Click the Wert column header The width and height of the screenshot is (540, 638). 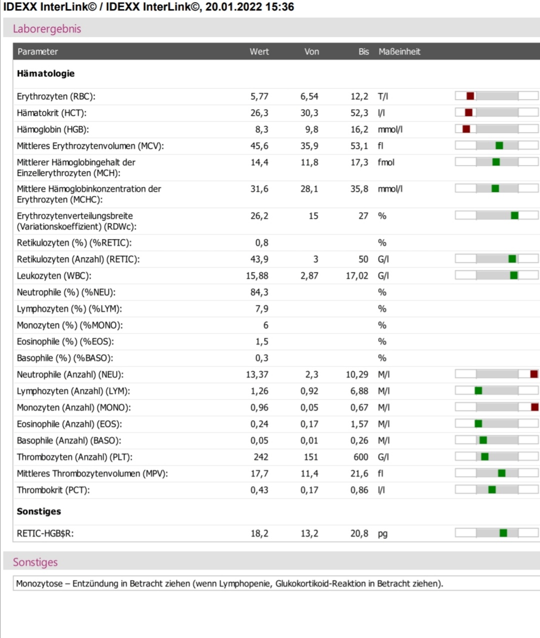click(x=259, y=51)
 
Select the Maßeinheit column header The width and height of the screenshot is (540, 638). click(x=399, y=51)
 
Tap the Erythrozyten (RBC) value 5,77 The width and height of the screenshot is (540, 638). click(x=259, y=96)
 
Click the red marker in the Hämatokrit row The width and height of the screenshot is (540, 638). click(x=468, y=112)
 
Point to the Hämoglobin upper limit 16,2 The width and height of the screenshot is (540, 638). click(x=359, y=129)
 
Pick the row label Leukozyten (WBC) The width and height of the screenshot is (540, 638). click(x=53, y=275)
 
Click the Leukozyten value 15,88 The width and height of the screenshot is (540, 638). click(x=257, y=275)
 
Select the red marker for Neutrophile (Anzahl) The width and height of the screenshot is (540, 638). click(x=534, y=374)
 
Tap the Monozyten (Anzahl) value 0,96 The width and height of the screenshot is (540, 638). click(x=259, y=407)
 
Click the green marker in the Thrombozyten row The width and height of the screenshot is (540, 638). click(x=484, y=456)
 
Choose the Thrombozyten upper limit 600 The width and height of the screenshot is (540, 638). click(x=360, y=457)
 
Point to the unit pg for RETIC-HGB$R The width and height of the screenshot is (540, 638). click(x=382, y=533)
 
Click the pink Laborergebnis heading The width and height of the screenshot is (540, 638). click(x=47, y=28)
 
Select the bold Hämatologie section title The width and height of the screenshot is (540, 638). click(x=45, y=73)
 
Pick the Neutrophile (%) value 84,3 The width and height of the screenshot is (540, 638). click(x=259, y=292)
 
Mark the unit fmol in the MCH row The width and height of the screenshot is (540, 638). click(x=386, y=162)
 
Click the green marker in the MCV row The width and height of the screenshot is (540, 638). click(x=499, y=145)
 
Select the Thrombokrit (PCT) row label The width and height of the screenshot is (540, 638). click(x=53, y=490)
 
